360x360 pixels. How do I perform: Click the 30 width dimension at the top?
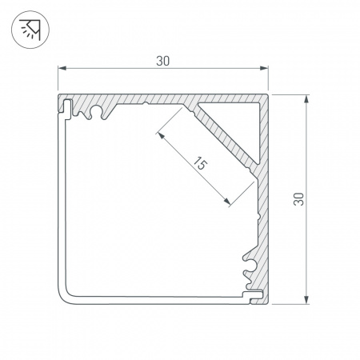[x=163, y=61]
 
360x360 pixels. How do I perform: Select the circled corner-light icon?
[x=30, y=30]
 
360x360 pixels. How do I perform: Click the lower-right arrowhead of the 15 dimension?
[x=230, y=204]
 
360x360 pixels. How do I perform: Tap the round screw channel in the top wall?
[x=98, y=111]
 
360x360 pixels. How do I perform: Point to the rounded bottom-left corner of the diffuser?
[x=66, y=297]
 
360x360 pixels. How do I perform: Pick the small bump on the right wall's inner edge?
[x=258, y=216]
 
